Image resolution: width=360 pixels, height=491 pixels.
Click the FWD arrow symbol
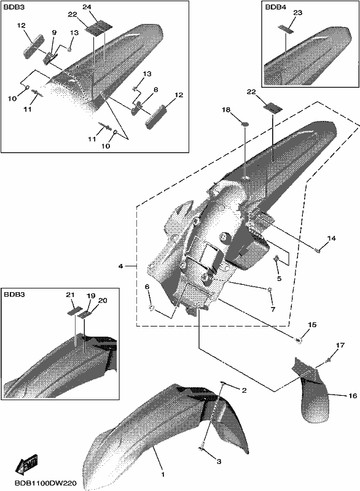[26, 462]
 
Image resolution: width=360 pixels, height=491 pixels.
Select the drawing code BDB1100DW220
[45, 484]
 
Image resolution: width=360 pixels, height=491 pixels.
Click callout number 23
[298, 13]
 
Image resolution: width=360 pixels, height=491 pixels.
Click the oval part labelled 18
[245, 125]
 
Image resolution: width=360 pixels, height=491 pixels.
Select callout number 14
[331, 238]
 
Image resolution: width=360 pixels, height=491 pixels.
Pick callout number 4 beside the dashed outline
[120, 266]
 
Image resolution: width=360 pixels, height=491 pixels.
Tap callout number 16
[353, 396]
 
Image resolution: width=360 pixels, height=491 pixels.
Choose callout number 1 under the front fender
[163, 474]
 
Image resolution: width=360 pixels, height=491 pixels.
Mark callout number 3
[219, 462]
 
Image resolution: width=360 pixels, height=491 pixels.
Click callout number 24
[87, 7]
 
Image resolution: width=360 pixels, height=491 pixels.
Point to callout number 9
[54, 32]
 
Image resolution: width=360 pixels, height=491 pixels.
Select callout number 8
[155, 90]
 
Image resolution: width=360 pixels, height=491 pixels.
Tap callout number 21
[70, 295]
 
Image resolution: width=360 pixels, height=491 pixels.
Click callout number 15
[312, 325]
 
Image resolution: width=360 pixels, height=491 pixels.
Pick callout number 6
[147, 287]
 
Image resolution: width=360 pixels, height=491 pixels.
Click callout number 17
[340, 346]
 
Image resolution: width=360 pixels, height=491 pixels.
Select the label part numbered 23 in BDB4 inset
[286, 29]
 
